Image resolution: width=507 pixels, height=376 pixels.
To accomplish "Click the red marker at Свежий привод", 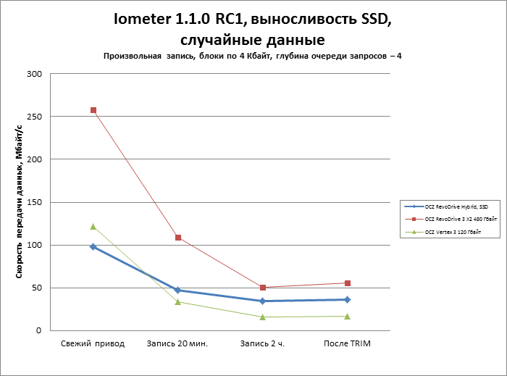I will [x=93, y=110].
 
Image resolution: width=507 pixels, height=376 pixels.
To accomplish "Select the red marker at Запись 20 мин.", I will [x=177, y=238].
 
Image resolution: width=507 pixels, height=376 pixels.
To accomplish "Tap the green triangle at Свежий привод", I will [x=93, y=227].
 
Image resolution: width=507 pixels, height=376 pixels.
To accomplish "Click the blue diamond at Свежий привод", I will [x=93, y=247].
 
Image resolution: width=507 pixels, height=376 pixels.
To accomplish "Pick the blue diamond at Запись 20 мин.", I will [x=177, y=290].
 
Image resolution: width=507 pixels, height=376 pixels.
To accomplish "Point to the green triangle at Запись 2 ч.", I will [x=262, y=317].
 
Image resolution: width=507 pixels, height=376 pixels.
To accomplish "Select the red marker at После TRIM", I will [x=347, y=283].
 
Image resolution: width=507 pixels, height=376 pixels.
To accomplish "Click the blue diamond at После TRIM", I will [x=347, y=299].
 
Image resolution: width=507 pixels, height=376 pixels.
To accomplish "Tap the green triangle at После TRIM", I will [x=347, y=316].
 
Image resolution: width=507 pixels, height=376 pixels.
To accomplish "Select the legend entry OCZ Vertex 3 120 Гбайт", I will [x=453, y=231].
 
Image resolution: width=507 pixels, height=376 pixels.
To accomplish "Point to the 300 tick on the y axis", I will [x=35, y=74].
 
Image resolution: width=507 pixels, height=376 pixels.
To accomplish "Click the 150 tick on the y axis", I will [x=35, y=202].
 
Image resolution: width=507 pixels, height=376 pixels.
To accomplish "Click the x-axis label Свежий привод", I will [x=93, y=343].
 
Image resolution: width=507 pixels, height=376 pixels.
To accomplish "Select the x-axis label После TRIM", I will [x=347, y=343].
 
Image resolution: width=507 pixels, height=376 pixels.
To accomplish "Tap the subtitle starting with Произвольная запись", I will [x=252, y=56].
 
